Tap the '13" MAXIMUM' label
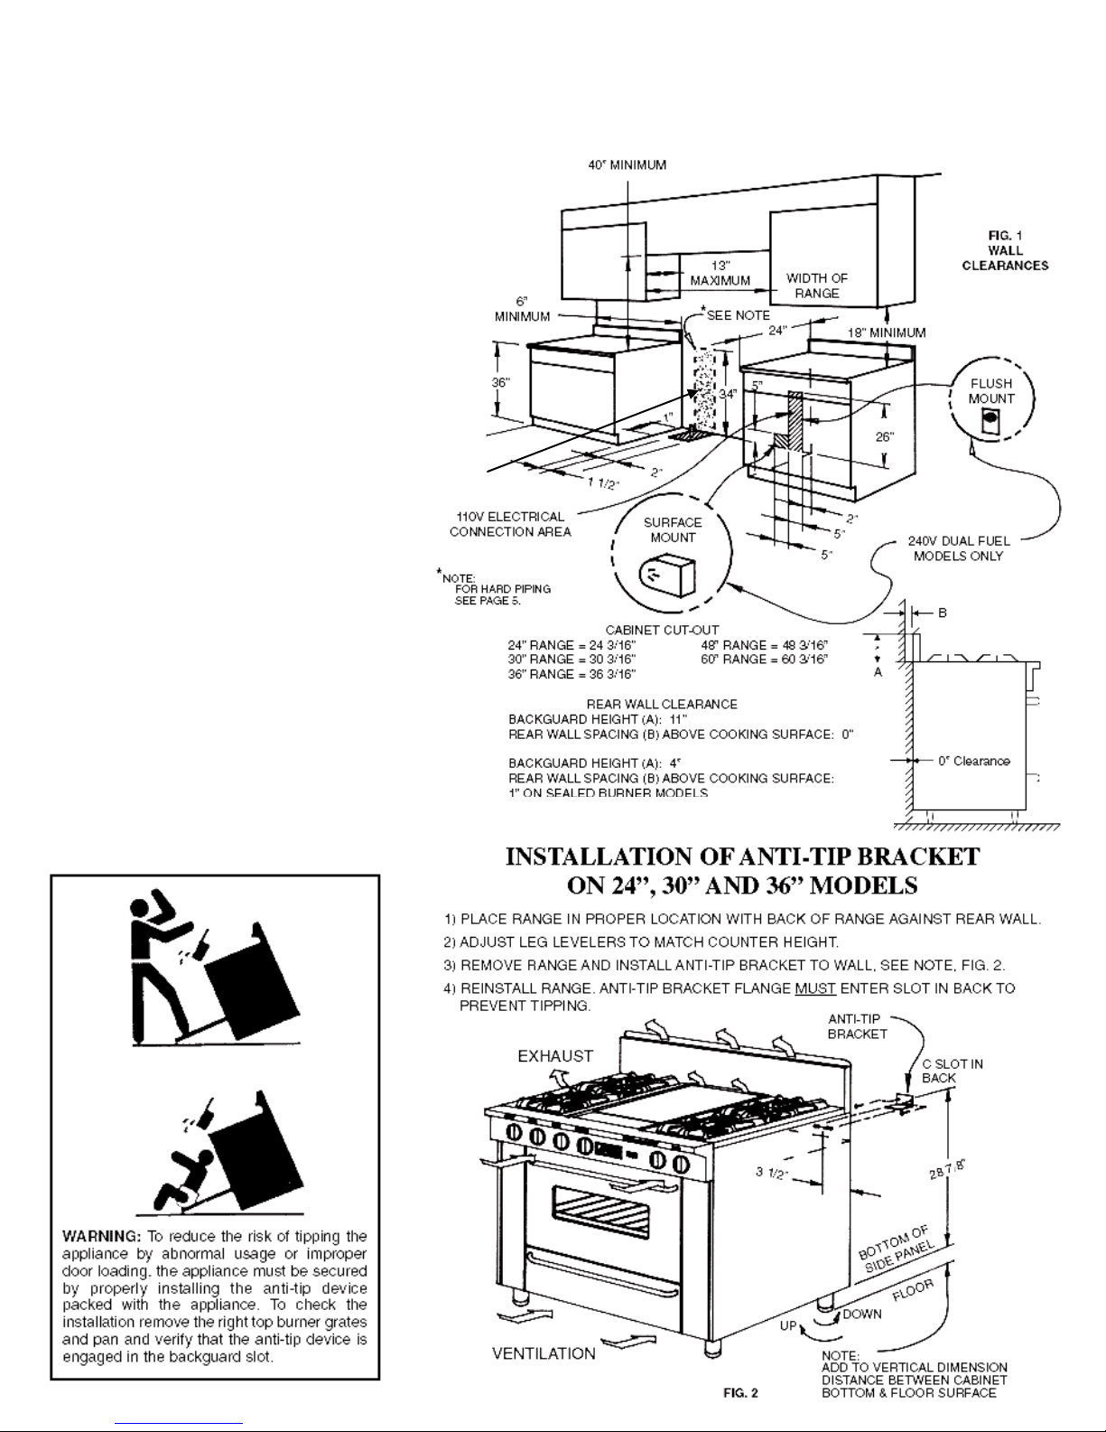pyautogui.click(x=720, y=273)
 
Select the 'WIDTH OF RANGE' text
pyautogui.click(x=816, y=285)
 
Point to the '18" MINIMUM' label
pyautogui.click(x=887, y=332)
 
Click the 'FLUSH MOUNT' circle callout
pyautogui.click(x=990, y=403)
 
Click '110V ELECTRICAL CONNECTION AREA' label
pyautogui.click(x=510, y=524)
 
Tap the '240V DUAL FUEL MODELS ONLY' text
pyautogui.click(x=958, y=548)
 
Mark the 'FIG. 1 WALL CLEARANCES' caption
pyautogui.click(x=1005, y=250)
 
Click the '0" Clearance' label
pyautogui.click(x=973, y=761)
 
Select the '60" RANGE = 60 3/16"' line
pyautogui.click(x=764, y=660)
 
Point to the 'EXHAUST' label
pyautogui.click(x=555, y=1055)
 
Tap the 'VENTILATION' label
pyautogui.click(x=544, y=1353)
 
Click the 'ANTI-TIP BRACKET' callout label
pyautogui.click(x=857, y=1026)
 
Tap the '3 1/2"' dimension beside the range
pyautogui.click(x=771, y=1174)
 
